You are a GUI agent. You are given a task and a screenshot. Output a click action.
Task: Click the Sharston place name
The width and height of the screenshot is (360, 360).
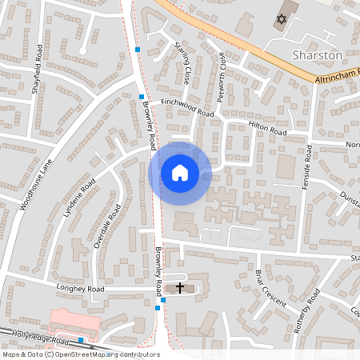coord(318,55)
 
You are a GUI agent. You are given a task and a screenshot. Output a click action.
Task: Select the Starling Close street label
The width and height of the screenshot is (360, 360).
coord(182,65)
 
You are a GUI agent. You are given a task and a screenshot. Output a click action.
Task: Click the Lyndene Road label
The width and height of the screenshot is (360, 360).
coord(78,199)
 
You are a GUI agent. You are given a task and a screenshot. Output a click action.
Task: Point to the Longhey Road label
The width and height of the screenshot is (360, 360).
coord(80,288)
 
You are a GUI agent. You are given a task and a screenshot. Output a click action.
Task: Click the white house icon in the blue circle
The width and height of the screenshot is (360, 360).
coord(180,173)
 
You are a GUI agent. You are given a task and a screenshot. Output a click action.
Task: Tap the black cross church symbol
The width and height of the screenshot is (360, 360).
coord(180,286)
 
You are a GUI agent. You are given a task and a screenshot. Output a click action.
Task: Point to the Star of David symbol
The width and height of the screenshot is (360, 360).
coord(280,18)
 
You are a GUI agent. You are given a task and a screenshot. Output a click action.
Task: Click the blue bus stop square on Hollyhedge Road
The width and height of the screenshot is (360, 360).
coord(81,340)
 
